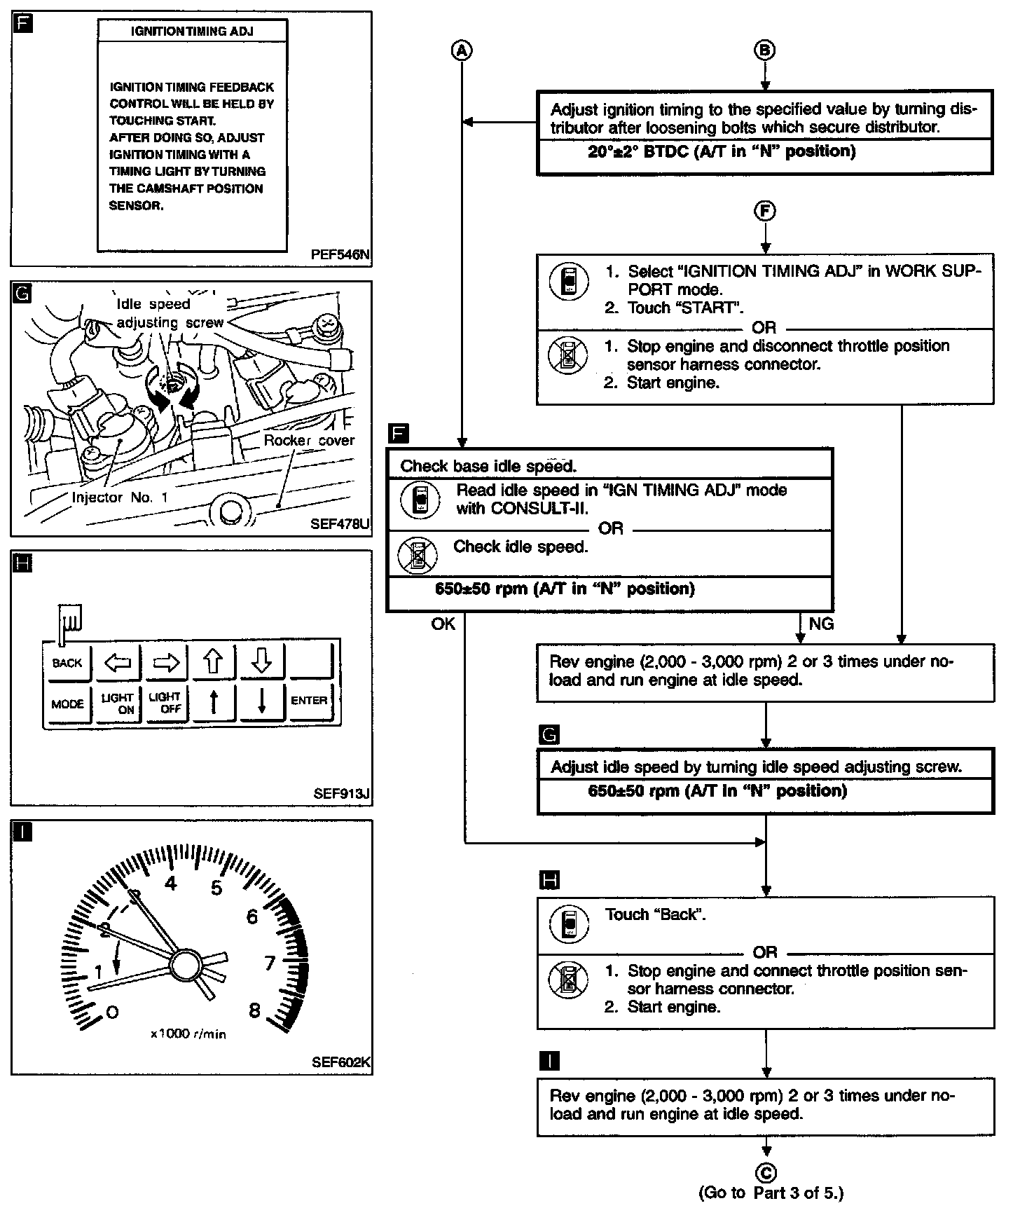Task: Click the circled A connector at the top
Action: (462, 50)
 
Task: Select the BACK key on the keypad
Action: (67, 663)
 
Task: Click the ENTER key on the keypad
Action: (309, 701)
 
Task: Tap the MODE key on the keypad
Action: (67, 703)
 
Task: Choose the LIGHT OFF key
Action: (165, 703)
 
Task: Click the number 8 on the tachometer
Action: (254, 1010)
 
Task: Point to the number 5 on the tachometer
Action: (216, 888)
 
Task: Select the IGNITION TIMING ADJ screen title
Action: (192, 31)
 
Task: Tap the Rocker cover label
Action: (309, 441)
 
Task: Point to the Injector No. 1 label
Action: (120, 497)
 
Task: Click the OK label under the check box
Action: (443, 624)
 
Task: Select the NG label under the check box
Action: (821, 624)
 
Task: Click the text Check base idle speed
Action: (488, 467)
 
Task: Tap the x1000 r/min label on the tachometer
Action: (188, 1034)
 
